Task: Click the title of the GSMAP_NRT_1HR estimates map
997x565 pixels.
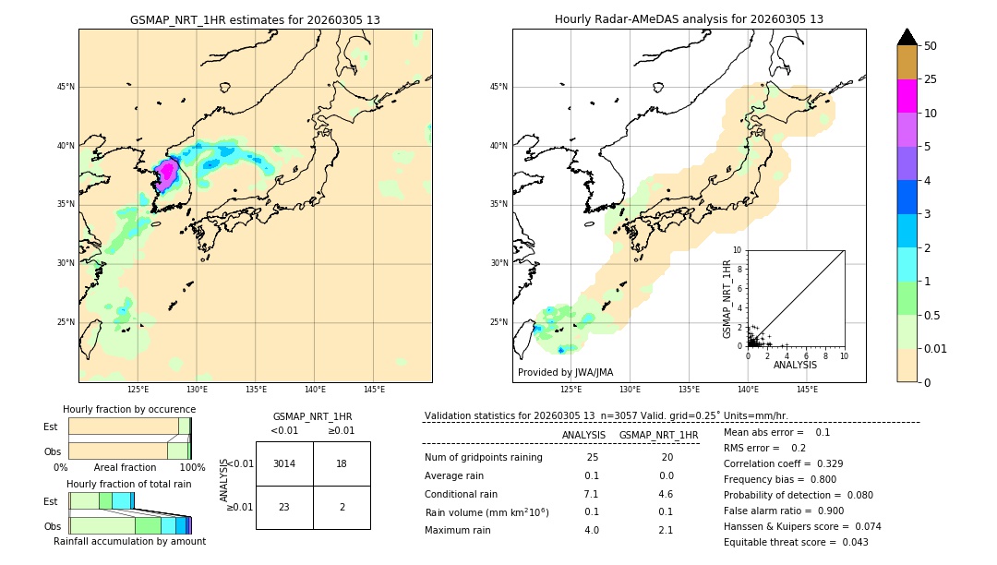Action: coord(255,19)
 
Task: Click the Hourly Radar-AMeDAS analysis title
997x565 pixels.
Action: coord(689,19)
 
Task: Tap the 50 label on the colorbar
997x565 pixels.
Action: coord(931,46)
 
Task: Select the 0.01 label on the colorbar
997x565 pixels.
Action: coord(934,348)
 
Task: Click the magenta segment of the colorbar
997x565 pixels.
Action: coord(907,96)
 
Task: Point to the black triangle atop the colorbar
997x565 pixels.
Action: coord(907,37)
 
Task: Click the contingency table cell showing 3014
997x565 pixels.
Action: coord(284,463)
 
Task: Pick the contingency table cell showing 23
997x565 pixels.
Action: coord(284,507)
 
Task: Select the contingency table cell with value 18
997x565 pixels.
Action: coord(342,463)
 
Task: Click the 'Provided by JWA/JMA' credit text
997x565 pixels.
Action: coord(565,373)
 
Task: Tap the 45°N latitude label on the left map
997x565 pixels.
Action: coord(66,87)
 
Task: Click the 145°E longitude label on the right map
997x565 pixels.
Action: coord(807,390)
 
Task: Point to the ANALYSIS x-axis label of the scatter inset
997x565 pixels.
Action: coord(795,365)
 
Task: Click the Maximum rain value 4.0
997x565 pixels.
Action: coord(591,530)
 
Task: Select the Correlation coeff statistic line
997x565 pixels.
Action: coord(783,463)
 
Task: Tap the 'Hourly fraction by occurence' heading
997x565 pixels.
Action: coord(129,409)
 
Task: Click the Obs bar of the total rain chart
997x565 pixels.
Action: coord(129,525)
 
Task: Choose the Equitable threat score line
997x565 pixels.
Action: coord(796,542)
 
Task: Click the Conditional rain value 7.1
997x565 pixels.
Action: coord(591,494)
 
